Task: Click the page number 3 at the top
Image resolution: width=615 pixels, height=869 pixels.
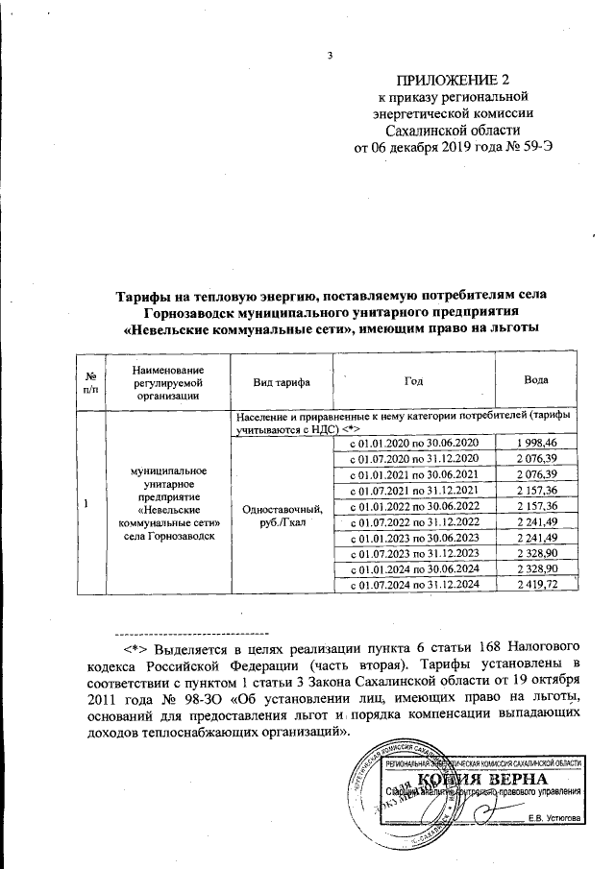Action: pos(330,54)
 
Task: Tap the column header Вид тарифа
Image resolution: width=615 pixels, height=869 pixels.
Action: pos(281,381)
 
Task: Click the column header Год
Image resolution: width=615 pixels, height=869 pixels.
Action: pos(413,381)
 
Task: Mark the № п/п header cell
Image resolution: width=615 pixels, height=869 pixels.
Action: pos(90,381)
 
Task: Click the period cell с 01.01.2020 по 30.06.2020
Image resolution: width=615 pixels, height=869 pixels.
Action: pos(412,442)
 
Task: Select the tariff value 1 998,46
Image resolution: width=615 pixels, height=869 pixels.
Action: pos(536,442)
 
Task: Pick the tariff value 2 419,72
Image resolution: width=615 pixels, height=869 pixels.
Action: pos(536,584)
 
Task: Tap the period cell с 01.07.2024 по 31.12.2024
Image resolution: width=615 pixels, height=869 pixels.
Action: pos(412,584)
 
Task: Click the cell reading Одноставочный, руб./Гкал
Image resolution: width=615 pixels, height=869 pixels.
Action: pos(281,514)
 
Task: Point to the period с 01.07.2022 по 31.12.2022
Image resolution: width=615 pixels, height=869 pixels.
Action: pos(412,520)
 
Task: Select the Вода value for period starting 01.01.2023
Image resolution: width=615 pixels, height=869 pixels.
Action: pos(536,537)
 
